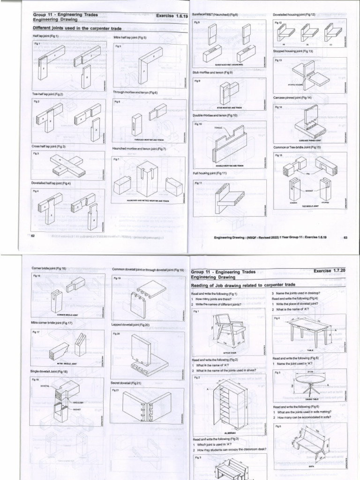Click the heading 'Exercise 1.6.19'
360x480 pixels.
click(172, 15)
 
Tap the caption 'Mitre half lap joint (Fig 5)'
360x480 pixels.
click(130, 37)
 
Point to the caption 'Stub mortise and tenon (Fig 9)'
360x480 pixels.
click(212, 73)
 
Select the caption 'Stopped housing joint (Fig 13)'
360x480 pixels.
click(293, 51)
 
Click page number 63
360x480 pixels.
click(345, 237)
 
